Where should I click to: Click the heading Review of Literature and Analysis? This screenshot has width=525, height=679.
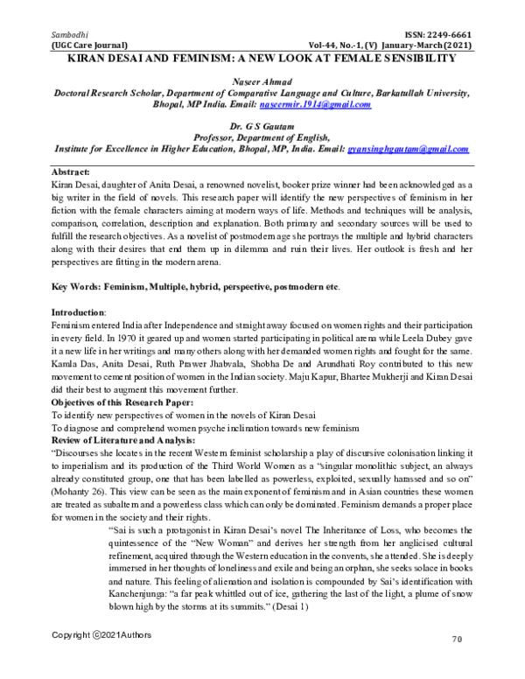click(125, 440)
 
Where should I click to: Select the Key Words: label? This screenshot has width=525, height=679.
click(77, 286)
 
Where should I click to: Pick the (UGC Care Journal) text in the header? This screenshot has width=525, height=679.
click(90, 44)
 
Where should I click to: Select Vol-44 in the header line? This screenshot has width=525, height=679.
click(325, 44)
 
